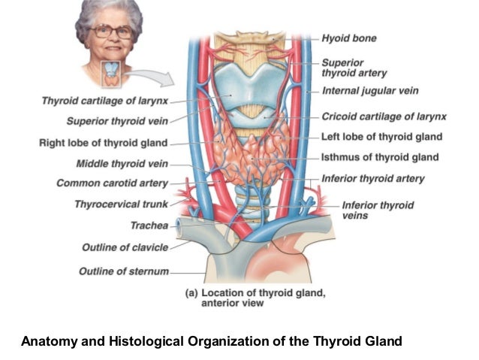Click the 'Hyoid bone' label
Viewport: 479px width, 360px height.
(349, 38)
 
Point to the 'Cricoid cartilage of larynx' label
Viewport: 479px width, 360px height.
(384, 116)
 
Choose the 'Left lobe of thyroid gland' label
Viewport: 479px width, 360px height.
(381, 137)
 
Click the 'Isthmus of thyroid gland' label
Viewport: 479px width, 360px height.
(380, 157)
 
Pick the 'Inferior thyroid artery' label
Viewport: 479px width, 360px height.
(372, 179)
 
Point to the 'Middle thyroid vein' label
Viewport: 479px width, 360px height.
(122, 163)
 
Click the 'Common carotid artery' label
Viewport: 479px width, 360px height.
(113, 183)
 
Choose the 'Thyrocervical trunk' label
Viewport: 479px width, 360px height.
(122, 204)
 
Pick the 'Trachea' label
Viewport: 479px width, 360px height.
(149, 224)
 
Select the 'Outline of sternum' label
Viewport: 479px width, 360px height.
(124, 271)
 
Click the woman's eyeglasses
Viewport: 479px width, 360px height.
(111, 32)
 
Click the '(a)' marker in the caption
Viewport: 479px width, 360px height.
(191, 293)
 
